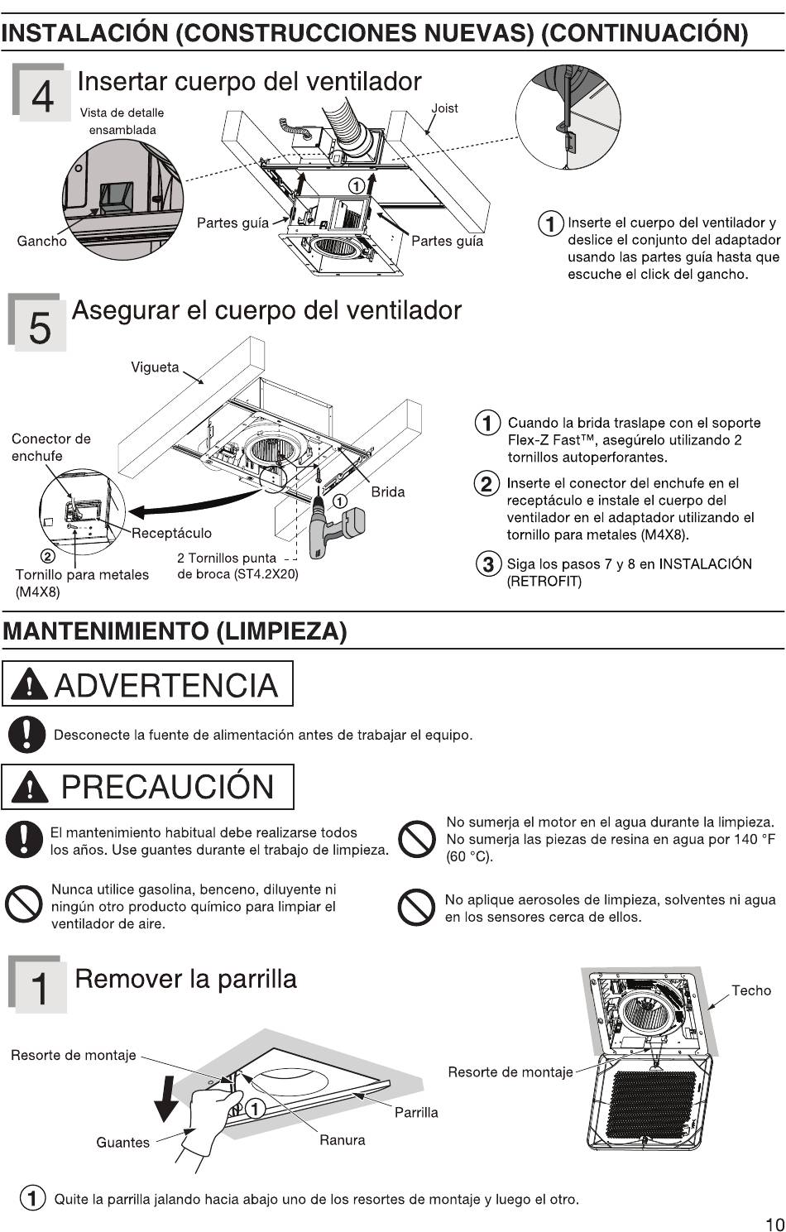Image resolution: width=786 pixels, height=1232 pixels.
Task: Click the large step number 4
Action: coord(42,96)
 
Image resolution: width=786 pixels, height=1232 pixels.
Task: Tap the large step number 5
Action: coord(40,328)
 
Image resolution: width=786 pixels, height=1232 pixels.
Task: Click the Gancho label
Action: coord(42,241)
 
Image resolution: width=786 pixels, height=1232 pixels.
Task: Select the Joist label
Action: coord(444,108)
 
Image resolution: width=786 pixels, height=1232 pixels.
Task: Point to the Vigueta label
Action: coord(155,367)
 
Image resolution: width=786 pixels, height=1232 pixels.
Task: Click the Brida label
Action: coord(388,491)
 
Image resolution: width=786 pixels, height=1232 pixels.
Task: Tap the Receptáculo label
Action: coord(171,533)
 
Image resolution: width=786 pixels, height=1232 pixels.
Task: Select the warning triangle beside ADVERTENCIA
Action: coord(29,685)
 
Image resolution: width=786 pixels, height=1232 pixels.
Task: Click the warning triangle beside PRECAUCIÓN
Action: coord(29,787)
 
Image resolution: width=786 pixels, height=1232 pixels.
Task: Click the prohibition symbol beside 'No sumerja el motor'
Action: coord(416,839)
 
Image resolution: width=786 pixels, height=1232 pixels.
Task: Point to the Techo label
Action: coord(750,990)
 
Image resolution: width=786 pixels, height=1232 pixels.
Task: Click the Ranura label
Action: coord(343,1139)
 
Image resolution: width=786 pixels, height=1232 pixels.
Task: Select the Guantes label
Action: coord(122,1143)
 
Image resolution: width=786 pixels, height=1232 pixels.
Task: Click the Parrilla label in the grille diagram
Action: coord(416,1112)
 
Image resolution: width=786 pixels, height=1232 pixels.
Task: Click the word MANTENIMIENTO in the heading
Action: coord(106,630)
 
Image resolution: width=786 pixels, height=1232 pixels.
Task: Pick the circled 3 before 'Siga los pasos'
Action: coord(488,564)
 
